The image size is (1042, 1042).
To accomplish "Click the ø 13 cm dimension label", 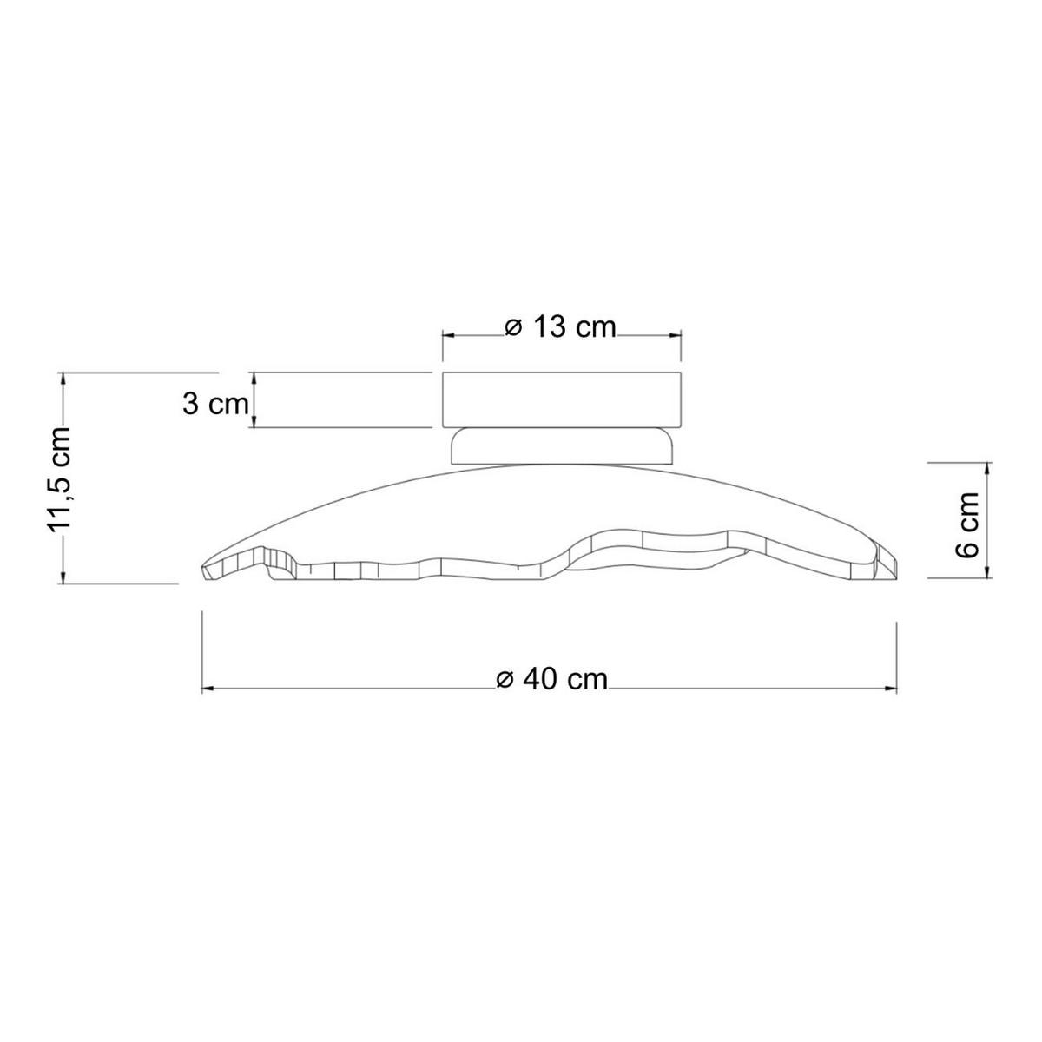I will click(561, 327).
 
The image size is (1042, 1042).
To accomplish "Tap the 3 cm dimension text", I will click(215, 404).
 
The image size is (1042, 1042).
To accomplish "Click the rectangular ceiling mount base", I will click(562, 399).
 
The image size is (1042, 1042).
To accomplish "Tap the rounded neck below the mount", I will click(562, 445).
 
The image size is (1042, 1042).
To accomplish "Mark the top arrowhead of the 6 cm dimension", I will click(988, 468).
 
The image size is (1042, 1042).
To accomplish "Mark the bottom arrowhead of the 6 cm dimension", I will click(988, 571).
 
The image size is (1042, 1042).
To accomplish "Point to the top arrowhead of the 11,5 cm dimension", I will click(66, 377).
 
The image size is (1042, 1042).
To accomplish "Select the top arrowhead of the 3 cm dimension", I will click(254, 377).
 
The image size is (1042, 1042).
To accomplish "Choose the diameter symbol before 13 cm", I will click(513, 327).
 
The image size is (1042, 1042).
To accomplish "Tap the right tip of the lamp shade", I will click(897, 561).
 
